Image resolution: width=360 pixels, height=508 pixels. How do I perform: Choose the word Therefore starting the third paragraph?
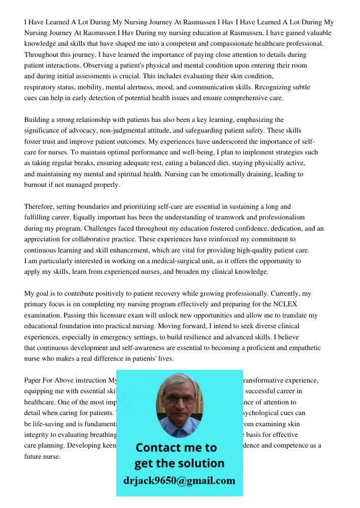click(x=39, y=206)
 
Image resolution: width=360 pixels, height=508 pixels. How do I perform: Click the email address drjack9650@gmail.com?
click(x=179, y=480)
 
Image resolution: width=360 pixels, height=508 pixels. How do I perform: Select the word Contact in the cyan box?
click(x=158, y=448)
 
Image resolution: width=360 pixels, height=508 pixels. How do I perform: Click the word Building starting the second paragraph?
click(x=38, y=119)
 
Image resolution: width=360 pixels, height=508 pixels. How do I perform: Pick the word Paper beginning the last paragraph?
click(x=34, y=380)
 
